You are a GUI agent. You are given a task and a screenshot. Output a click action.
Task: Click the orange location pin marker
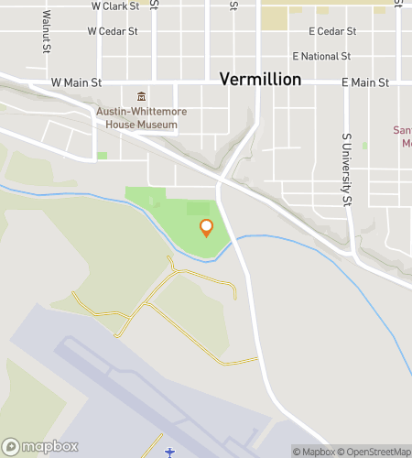pos(206,227)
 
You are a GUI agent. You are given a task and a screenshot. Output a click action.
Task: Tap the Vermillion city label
pos(260,80)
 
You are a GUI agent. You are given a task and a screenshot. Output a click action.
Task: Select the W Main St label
pos(76,82)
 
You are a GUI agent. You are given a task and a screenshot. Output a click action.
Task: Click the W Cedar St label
pos(112,30)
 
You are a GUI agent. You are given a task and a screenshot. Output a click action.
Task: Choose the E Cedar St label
pos(331,31)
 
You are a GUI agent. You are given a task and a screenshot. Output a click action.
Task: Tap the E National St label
pos(320,56)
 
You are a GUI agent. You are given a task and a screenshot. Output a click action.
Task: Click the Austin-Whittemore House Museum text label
pos(141,118)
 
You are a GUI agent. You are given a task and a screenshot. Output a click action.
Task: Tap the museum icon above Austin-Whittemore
pos(141,97)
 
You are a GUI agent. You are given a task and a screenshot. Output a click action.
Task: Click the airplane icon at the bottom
pos(169,452)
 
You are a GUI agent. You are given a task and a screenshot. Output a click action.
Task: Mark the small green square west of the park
pos(102,156)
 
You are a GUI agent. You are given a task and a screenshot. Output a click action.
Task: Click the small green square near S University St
pos(364,146)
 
